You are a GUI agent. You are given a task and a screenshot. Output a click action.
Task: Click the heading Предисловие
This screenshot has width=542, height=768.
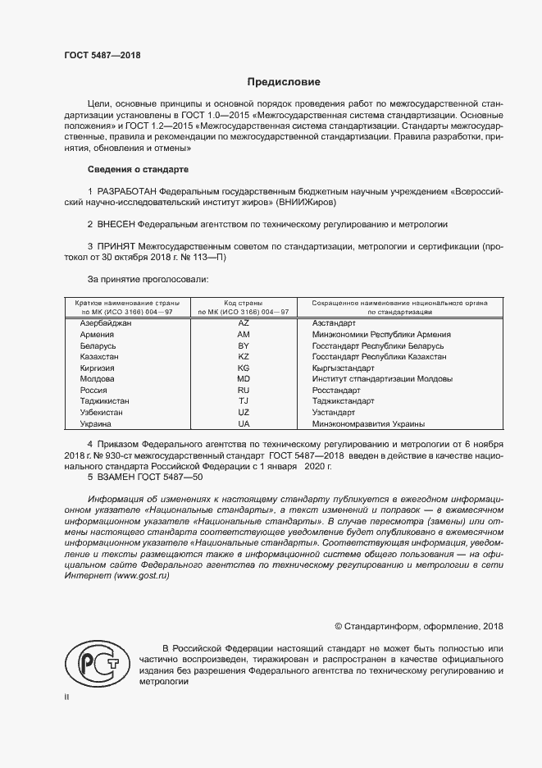[284, 82]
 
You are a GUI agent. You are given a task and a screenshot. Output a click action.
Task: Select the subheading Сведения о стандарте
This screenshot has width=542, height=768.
[138, 170]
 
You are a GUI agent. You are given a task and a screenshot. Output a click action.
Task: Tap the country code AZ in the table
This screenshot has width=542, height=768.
[244, 323]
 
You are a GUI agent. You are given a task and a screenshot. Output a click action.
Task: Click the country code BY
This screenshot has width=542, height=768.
[244, 346]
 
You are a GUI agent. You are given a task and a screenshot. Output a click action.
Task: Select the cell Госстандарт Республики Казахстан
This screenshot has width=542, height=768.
[380, 358]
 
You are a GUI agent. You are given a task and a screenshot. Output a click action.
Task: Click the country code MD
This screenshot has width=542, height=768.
[244, 380]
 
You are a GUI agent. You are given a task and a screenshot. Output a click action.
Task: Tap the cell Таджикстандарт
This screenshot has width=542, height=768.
[343, 401]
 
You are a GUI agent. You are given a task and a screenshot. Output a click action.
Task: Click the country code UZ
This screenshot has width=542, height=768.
[244, 413]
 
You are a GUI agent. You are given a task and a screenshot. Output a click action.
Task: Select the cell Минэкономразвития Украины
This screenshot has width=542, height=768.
[369, 424]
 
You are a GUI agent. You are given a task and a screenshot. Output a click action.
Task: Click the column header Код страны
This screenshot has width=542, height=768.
[244, 303]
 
